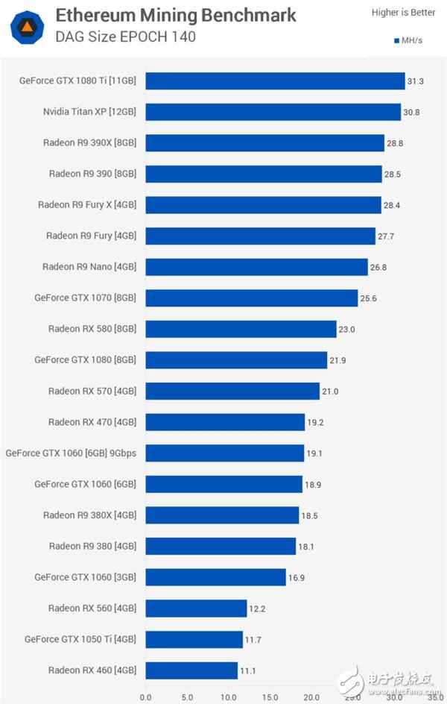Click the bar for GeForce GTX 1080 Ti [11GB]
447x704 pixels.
point(275,81)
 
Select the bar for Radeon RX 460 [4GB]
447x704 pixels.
point(191,670)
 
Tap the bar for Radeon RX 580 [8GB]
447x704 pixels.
point(241,329)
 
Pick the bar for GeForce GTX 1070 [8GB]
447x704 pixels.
point(252,298)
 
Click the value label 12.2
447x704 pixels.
point(258,609)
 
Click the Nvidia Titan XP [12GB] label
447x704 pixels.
point(90,112)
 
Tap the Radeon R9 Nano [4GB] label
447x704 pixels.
point(89,266)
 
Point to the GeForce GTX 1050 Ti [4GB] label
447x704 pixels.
point(80,639)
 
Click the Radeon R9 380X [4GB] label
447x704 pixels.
point(89,515)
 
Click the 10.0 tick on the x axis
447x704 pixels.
point(228,697)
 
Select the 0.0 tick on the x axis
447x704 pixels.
point(145,697)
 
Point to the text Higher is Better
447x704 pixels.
point(402,12)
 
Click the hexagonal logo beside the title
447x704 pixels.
point(25,25)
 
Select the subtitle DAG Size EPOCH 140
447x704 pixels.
point(125,37)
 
